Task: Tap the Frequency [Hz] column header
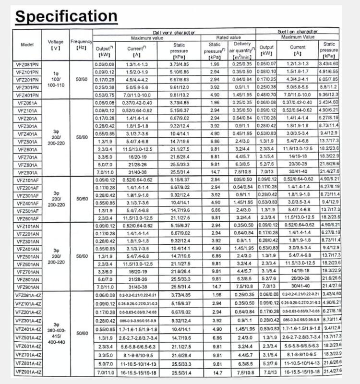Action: pyautogui.click(x=81, y=45)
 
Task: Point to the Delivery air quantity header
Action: pyautogui.click(x=242, y=49)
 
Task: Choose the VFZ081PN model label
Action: pyautogui.click(x=27, y=63)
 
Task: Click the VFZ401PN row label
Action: pyautogui.click(x=27, y=95)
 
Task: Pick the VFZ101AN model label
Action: pyautogui.click(x=27, y=226)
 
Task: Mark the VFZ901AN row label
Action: pyautogui.click(x=27, y=287)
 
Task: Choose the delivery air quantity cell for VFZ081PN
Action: pyautogui.click(x=242, y=63)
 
